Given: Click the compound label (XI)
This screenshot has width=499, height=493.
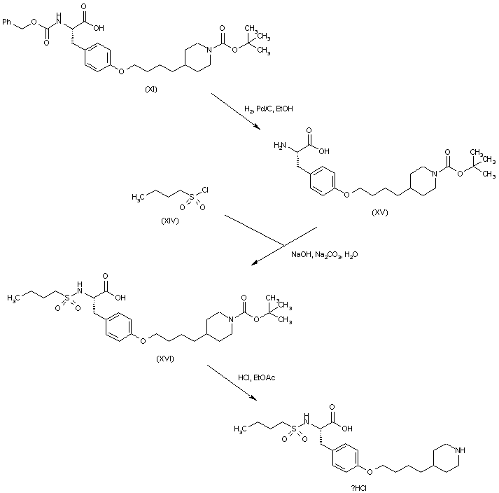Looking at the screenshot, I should [x=151, y=90].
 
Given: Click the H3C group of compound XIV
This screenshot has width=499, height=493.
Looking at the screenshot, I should [x=139, y=198].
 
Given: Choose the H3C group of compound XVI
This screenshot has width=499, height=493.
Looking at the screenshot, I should [x=15, y=298].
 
